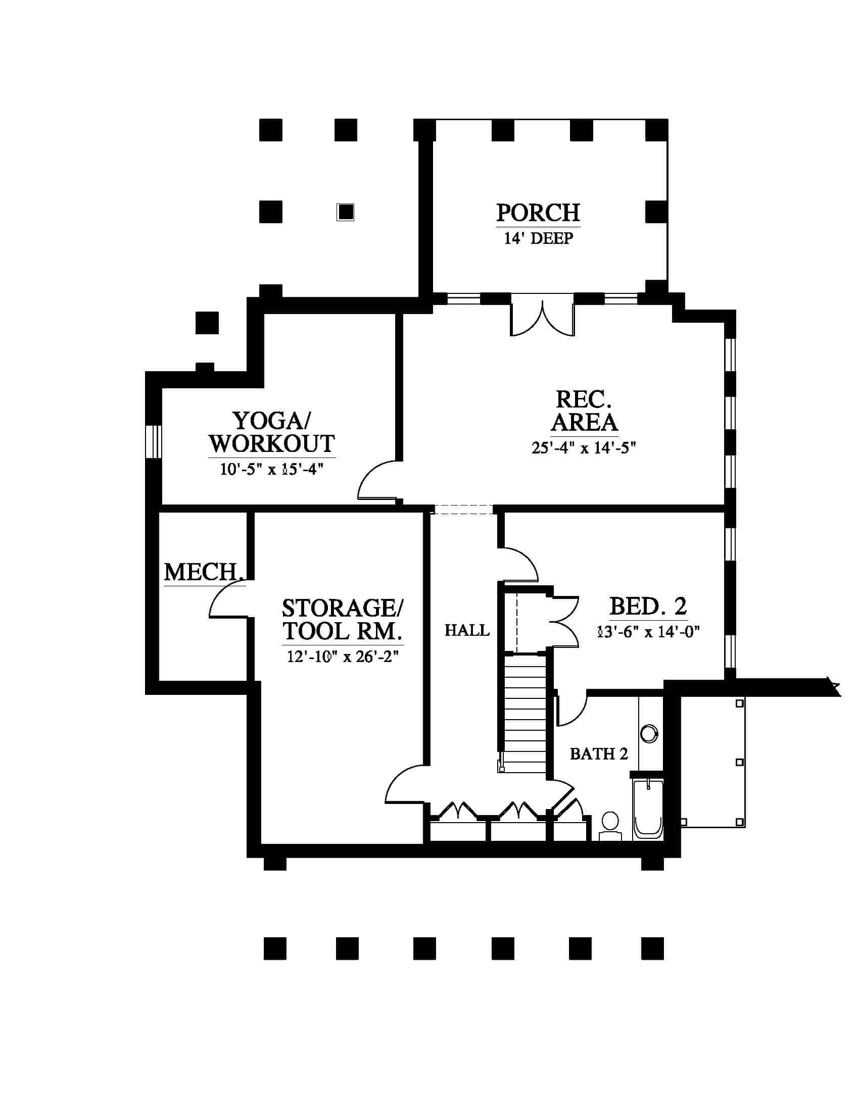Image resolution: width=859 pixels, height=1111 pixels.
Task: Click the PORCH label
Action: tap(538, 213)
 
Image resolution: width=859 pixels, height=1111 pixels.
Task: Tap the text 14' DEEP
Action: tap(539, 238)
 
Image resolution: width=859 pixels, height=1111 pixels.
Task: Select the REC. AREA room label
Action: tap(584, 411)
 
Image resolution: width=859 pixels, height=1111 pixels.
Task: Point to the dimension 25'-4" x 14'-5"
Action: tap(584, 447)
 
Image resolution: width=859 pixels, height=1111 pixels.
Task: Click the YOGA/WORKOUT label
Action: tap(272, 432)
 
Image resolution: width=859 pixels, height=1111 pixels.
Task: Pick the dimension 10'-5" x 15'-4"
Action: tap(272, 469)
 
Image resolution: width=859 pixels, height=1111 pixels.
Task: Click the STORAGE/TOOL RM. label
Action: tap(343, 620)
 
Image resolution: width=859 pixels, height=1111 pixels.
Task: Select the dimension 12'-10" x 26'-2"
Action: tap(343, 656)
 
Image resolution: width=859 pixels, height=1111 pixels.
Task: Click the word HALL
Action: tap(467, 631)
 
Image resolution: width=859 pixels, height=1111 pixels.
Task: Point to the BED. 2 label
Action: tap(648, 607)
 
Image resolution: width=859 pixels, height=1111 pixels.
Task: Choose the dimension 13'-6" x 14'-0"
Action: tap(648, 632)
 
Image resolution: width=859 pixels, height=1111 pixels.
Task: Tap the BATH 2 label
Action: tap(599, 754)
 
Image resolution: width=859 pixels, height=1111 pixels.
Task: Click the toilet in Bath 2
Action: tap(610, 826)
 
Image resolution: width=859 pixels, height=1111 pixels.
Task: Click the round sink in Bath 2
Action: tap(649, 734)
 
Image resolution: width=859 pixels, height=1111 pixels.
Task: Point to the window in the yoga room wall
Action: tap(153, 441)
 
